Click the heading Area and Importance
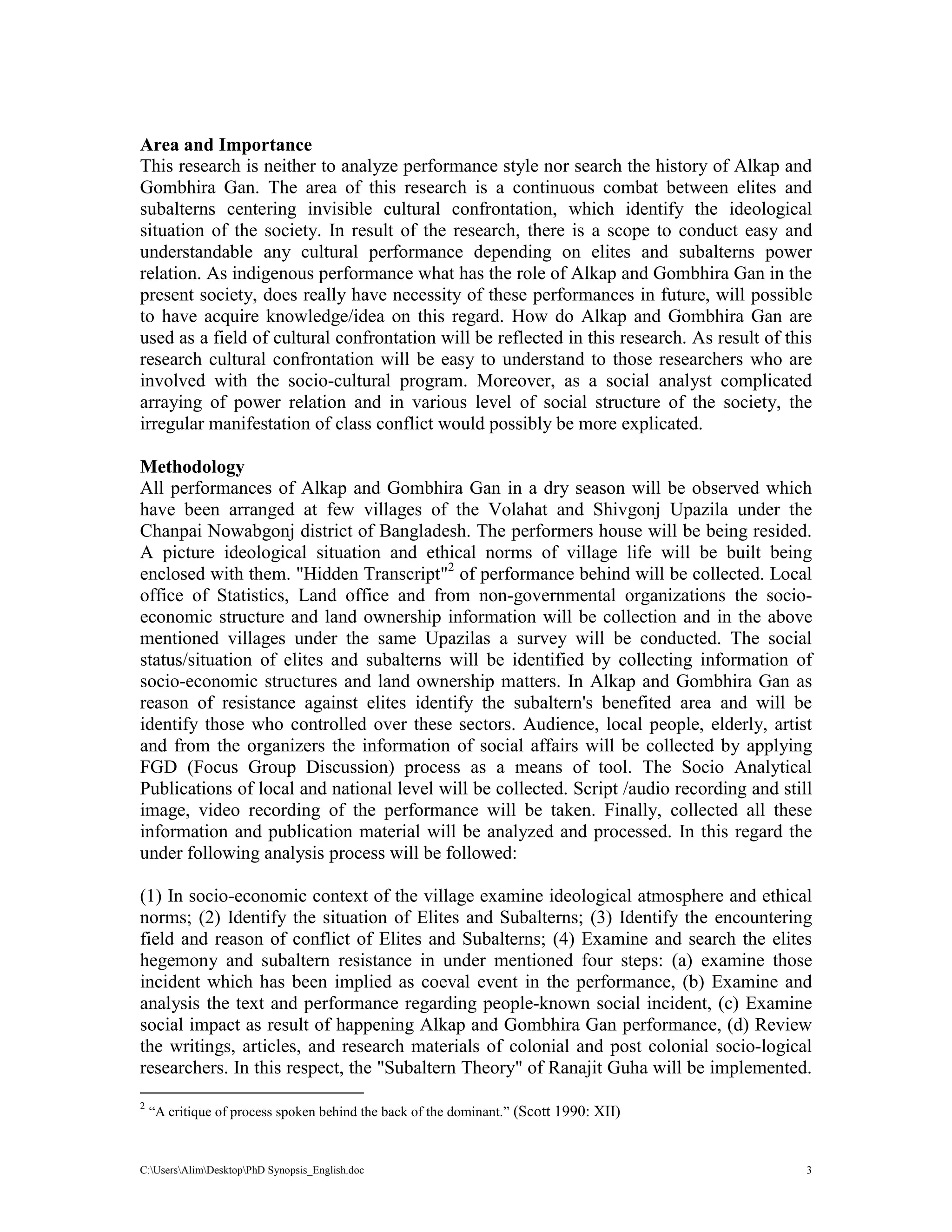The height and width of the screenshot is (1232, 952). point(225,145)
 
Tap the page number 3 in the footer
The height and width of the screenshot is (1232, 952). point(809,1170)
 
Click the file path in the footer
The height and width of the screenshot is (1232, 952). point(251,1170)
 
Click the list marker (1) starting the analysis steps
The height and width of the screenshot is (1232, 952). point(151,896)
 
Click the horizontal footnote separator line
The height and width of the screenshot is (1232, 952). point(251,1093)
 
